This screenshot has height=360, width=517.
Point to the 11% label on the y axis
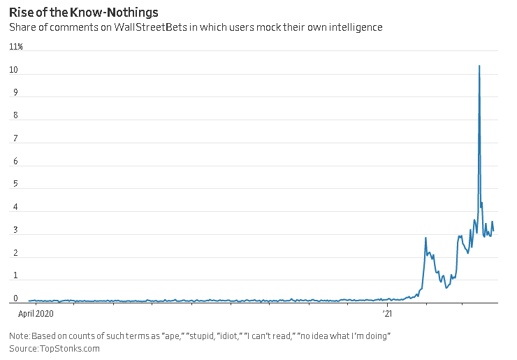16,47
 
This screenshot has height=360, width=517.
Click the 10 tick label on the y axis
13,71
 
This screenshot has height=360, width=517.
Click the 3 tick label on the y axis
13,231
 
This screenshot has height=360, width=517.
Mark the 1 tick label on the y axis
13,276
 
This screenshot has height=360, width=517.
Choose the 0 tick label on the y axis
13,298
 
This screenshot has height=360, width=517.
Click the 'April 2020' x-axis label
35,314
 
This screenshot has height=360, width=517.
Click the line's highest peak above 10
479,66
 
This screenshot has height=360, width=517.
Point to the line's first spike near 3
425,238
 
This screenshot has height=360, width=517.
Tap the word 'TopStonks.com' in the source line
70,348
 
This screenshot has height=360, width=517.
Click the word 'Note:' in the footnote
20,336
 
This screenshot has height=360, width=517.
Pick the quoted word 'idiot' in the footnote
228,336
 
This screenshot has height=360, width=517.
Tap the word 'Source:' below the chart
23,348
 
